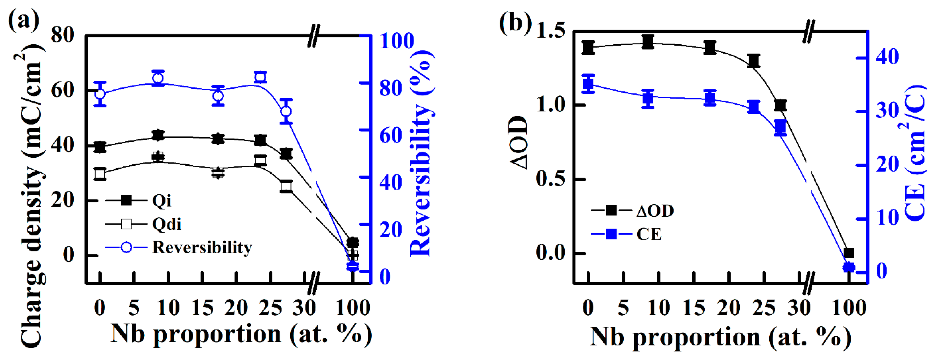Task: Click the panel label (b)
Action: (x=514, y=23)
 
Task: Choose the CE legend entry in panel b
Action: (x=649, y=234)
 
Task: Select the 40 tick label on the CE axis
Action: (x=887, y=57)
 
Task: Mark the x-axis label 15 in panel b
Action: (x=694, y=308)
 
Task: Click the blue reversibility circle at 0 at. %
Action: (x=100, y=94)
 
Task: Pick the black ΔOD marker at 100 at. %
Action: (x=849, y=253)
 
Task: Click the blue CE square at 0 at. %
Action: (x=588, y=84)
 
